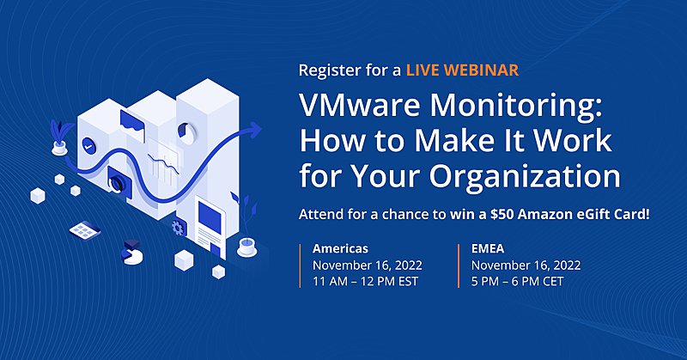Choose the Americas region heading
point(340,249)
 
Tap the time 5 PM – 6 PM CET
point(518,282)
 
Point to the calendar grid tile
point(83,230)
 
